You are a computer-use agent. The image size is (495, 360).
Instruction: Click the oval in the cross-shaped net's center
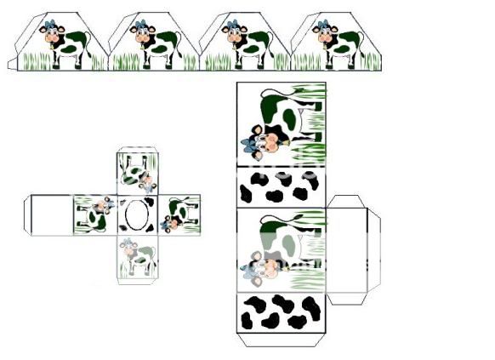pyautogui.click(x=136, y=214)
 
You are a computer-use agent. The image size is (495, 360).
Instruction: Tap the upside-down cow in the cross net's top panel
pyautogui.click(x=137, y=175)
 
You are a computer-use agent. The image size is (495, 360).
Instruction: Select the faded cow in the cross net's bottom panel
pyautogui.click(x=135, y=254)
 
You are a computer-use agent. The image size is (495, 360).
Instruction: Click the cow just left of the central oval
pyautogui.click(x=95, y=213)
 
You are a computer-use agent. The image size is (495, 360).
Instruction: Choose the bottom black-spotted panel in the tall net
pyautogui.click(x=280, y=313)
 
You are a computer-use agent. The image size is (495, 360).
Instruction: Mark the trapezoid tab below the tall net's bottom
pyautogui.click(x=281, y=340)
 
